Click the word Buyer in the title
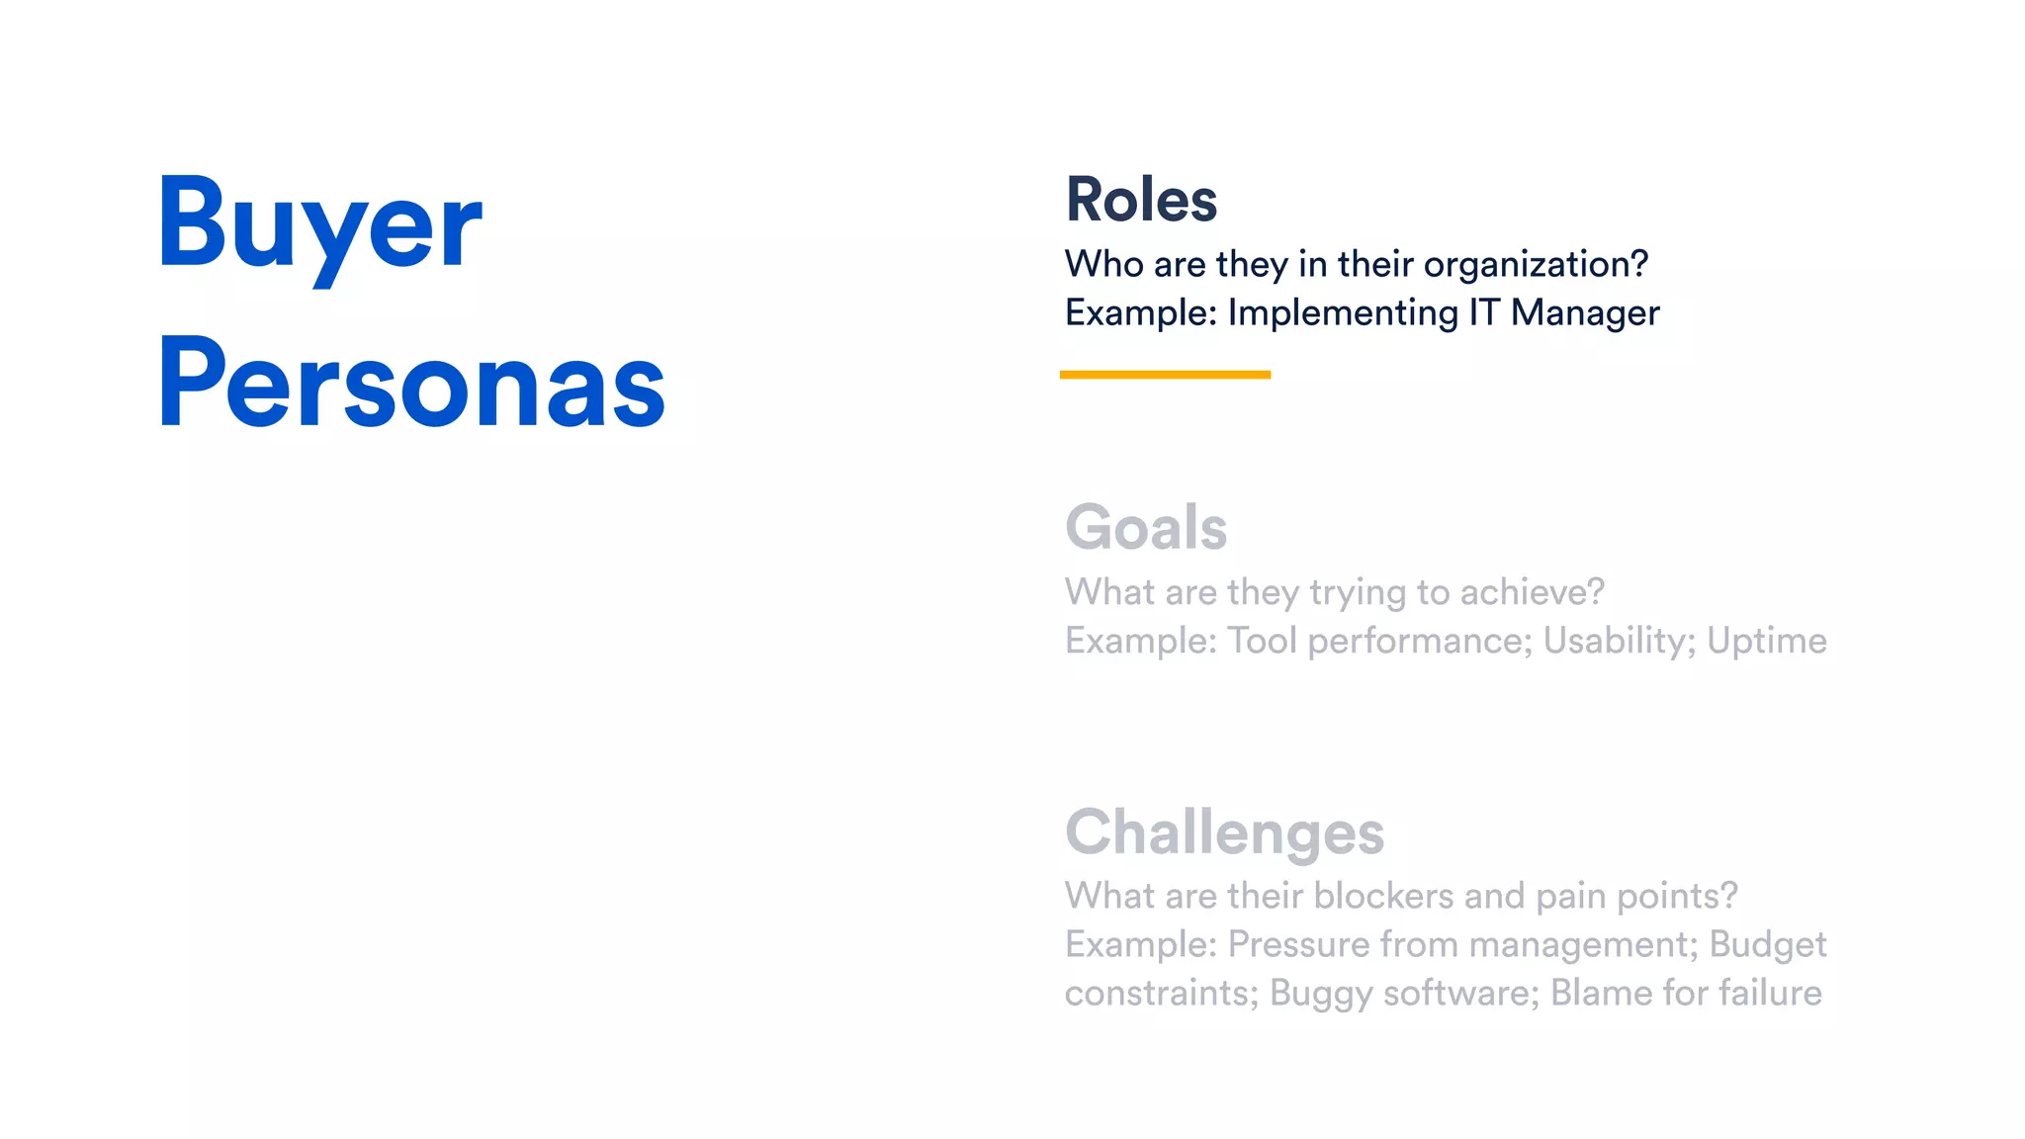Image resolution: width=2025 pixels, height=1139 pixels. [319, 222]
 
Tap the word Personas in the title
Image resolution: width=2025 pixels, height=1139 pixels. [411, 384]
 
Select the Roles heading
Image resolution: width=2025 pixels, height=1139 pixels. [1141, 200]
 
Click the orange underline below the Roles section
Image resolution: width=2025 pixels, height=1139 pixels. [1165, 375]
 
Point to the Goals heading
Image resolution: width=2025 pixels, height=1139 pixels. [1146, 527]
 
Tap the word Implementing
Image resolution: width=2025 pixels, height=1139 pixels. [1343, 313]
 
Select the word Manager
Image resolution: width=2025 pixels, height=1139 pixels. [1585, 313]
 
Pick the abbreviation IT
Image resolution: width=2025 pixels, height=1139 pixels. [1484, 313]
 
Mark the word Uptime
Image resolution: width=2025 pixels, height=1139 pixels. [1767, 642]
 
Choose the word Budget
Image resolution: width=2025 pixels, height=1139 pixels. [1768, 945]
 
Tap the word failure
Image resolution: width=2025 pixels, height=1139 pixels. [1770, 993]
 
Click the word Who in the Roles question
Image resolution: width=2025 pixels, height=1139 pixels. [1104, 265]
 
